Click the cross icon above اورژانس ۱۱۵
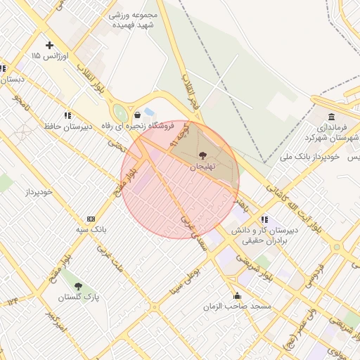(x=49, y=45)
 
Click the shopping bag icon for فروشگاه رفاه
(x=137, y=114)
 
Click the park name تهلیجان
(x=202, y=167)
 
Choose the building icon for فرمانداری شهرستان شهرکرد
(x=331, y=117)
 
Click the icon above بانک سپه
(x=90, y=219)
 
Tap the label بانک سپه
(x=90, y=229)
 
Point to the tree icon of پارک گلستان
(x=77, y=286)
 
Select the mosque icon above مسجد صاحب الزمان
(x=237, y=295)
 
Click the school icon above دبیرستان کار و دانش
(x=264, y=219)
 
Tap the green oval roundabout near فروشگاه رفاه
(x=120, y=113)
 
